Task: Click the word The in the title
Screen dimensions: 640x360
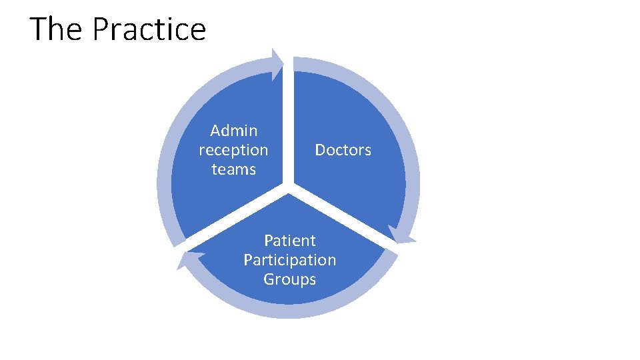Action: pos(57,29)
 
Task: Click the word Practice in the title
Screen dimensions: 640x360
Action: pos(149,29)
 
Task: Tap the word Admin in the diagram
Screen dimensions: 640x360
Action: pos(233,131)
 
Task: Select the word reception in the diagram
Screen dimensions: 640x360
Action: pos(233,150)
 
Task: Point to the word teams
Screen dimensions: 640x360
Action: pos(233,169)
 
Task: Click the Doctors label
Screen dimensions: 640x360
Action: pos(343,150)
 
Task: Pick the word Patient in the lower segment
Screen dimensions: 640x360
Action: pos(289,240)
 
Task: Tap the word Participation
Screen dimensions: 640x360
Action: pos(289,259)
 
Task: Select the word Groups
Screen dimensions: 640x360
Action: pos(289,279)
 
